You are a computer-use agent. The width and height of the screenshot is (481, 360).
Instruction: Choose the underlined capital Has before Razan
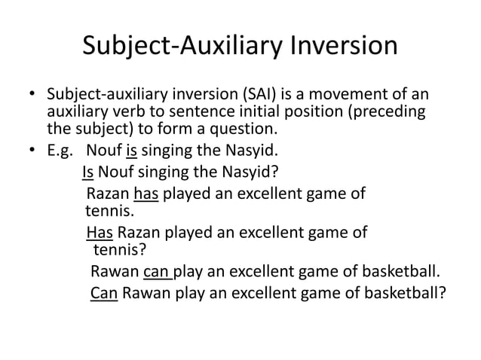(x=100, y=233)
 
